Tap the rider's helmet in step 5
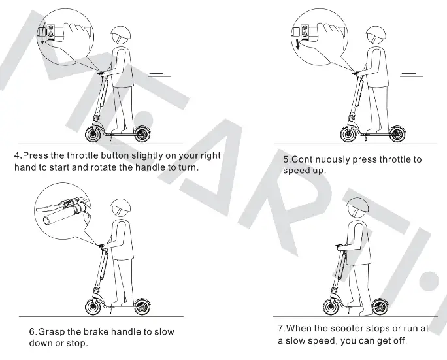pos(374,36)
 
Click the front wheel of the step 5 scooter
pos(349,134)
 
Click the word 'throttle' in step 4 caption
pos(85,156)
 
